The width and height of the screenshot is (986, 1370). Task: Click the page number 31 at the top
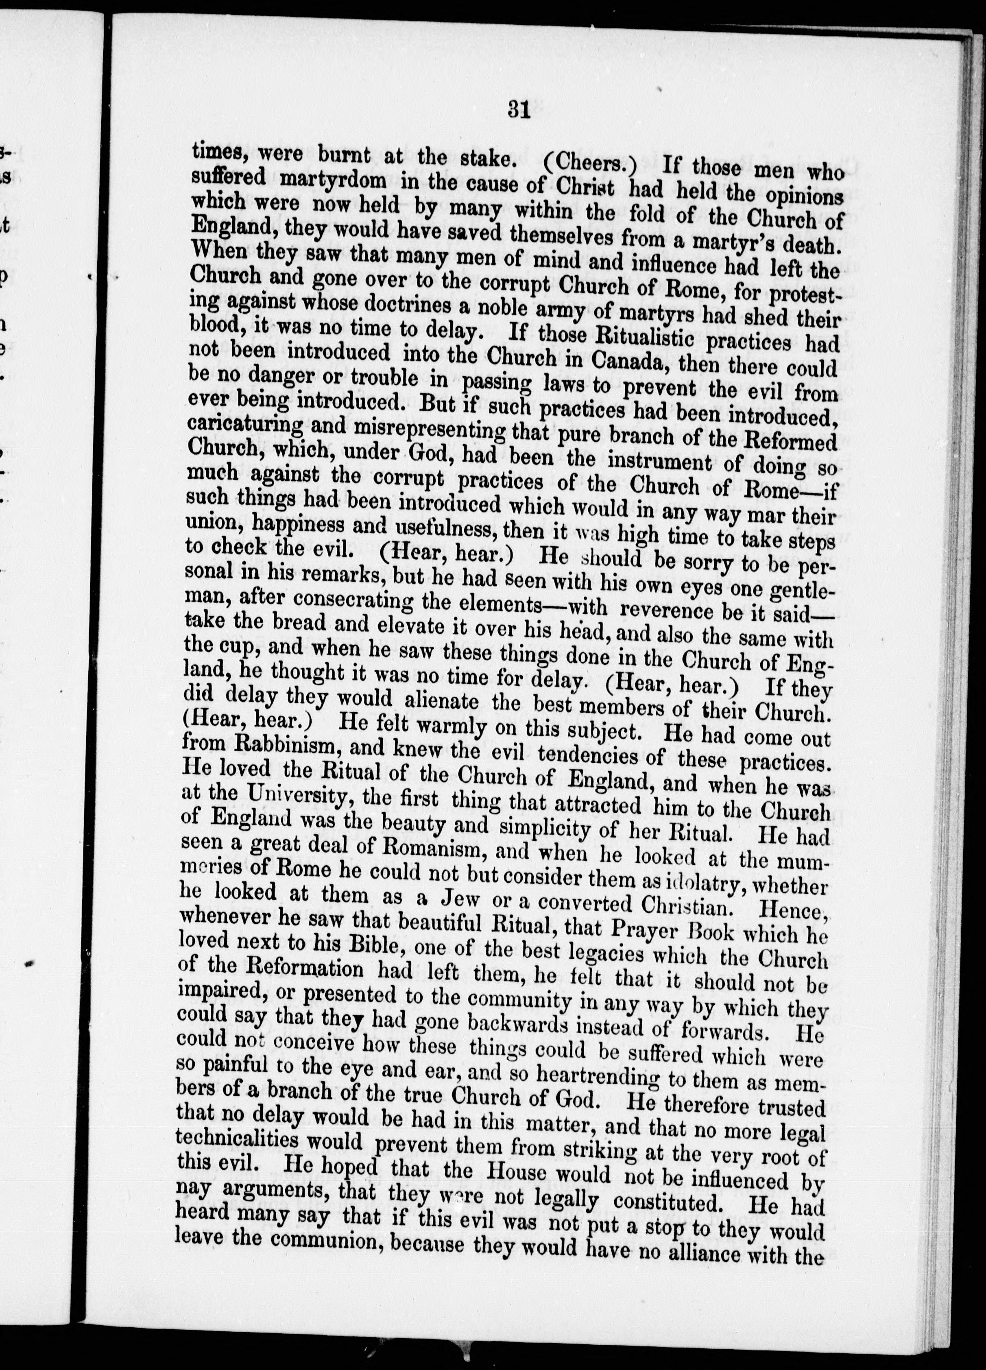(x=518, y=111)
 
